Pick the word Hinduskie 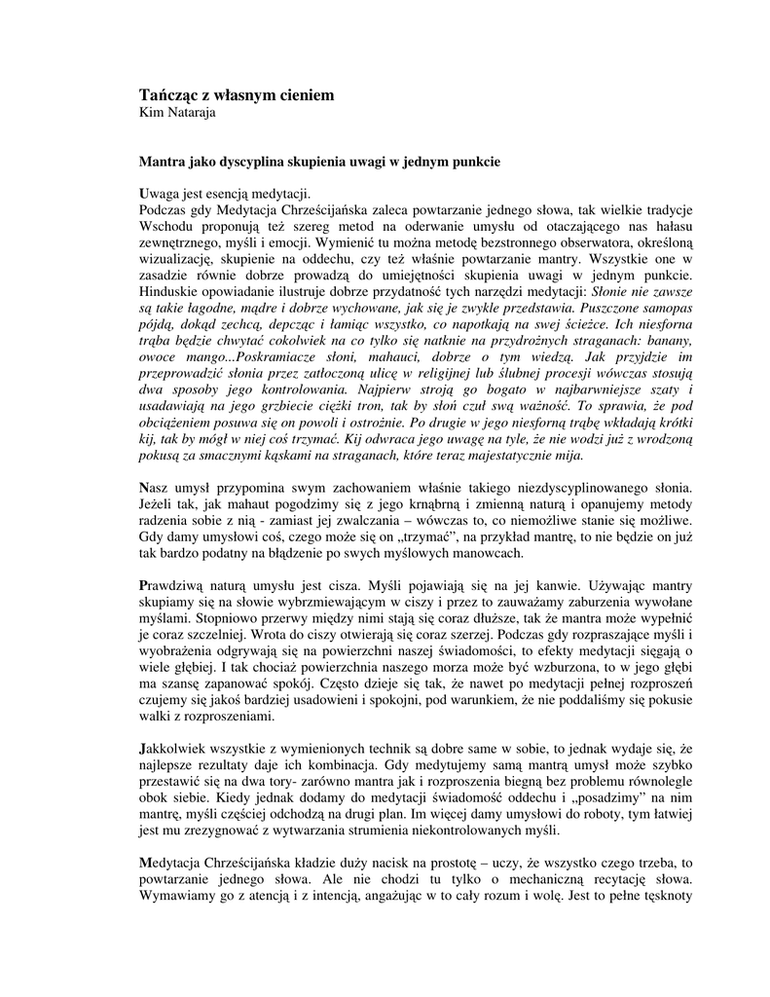point(171,291)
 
